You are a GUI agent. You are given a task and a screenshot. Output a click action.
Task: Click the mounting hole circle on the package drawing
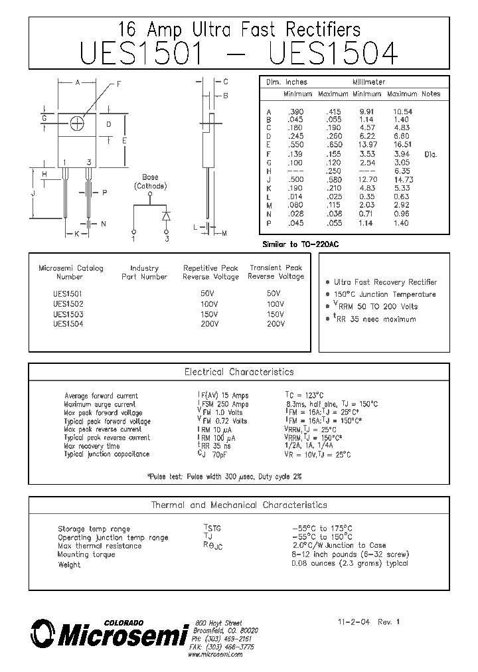77,124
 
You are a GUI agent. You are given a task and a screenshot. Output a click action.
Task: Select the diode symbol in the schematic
166,216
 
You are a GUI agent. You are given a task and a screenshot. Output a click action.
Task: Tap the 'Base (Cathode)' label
150,182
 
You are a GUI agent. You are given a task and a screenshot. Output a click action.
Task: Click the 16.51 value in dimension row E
402,144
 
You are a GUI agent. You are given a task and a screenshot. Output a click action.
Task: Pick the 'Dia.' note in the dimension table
430,153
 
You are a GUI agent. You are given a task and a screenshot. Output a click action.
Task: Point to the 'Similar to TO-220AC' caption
300,245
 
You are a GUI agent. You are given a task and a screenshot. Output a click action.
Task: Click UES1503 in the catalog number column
68,314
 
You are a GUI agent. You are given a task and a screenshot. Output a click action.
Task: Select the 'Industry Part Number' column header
144,272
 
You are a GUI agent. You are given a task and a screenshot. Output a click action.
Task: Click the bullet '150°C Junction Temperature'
384,294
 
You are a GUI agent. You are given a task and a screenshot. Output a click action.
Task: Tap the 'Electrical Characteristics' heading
238,372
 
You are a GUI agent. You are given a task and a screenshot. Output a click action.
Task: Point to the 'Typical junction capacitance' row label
107,454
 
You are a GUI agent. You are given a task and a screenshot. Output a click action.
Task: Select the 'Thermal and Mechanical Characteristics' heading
238,505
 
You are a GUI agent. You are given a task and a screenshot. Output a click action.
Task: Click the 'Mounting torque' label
86,554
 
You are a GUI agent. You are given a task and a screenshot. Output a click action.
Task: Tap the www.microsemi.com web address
215,655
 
